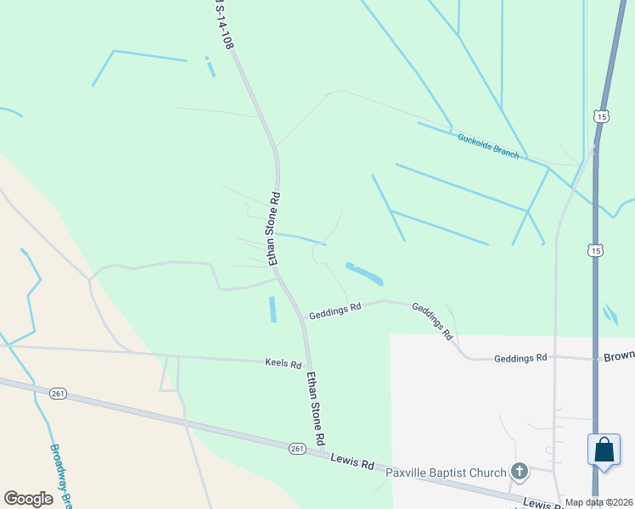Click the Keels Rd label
click(284, 365)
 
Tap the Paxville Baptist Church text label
click(446, 473)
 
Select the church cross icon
click(520, 471)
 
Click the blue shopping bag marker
click(604, 449)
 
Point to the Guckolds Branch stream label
click(488, 145)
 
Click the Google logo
click(29, 499)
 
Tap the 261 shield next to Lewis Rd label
click(295, 448)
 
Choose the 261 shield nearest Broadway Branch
click(58, 394)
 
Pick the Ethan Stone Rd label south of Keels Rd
click(316, 408)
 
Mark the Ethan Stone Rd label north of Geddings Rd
click(274, 228)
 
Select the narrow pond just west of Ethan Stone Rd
click(273, 309)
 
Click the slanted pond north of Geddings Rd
click(364, 273)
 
